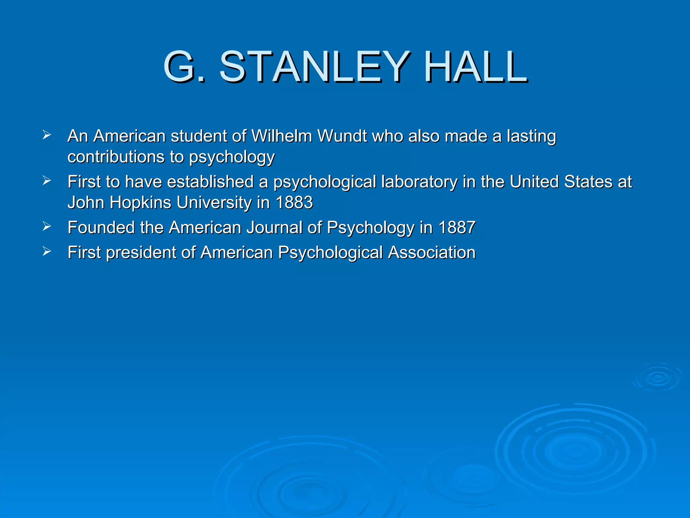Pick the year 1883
pos(294,203)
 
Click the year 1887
pos(457,228)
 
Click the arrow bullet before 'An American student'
pos(47,135)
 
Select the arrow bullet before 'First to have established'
pos(47,181)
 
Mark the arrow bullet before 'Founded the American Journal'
pos(47,226)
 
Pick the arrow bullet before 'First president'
pos(47,251)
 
